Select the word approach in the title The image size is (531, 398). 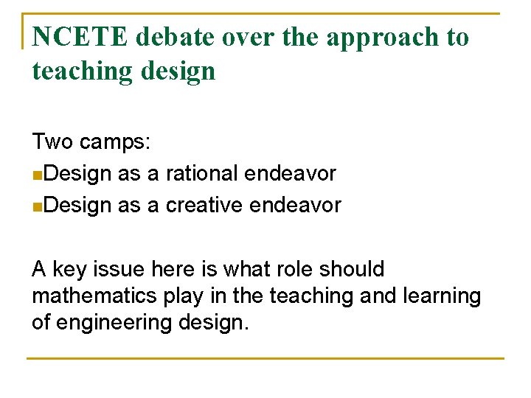click(378, 37)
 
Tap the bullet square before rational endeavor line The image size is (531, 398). click(37, 175)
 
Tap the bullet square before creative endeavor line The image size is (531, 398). click(37, 206)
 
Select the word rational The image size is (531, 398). click(201, 174)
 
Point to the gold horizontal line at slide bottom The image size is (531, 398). click(265, 358)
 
